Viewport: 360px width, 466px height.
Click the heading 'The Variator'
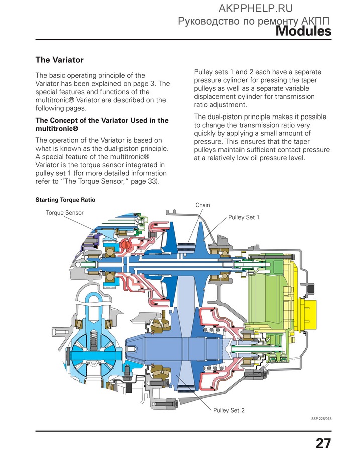click(x=59, y=60)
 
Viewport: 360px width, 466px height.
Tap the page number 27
click(x=323, y=443)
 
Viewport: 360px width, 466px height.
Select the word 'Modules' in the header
click(x=303, y=31)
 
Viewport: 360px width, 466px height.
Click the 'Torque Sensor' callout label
click(x=64, y=213)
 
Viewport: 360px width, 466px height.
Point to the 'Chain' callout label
click(x=203, y=205)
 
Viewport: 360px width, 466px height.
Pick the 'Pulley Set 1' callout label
click(x=244, y=217)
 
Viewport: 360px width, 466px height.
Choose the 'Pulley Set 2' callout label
click(x=229, y=410)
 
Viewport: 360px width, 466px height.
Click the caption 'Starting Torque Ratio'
click(x=65, y=200)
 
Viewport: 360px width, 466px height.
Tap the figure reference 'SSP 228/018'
click(x=321, y=419)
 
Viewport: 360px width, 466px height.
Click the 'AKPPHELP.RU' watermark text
click(x=256, y=9)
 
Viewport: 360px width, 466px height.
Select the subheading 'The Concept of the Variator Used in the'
click(x=102, y=121)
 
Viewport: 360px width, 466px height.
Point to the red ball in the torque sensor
click(x=125, y=245)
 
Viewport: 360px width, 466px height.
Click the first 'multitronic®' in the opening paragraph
click(x=54, y=100)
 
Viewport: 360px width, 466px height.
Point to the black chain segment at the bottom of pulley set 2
click(x=186, y=389)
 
